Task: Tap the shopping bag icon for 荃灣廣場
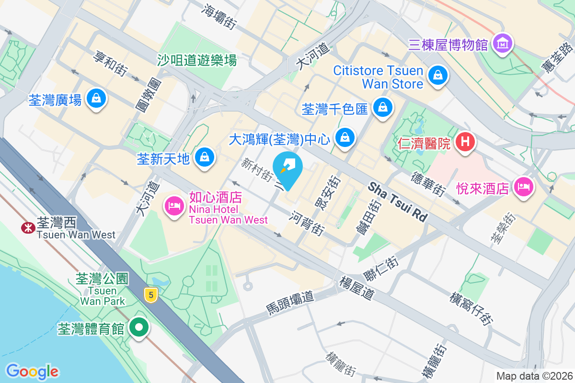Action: (x=96, y=99)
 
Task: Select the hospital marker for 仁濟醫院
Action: (x=464, y=142)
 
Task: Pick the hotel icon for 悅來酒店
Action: (x=524, y=186)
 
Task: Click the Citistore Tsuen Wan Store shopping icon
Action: (x=437, y=75)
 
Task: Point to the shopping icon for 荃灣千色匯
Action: (x=383, y=108)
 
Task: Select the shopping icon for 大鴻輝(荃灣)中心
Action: (x=344, y=138)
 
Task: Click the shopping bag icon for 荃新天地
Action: (x=205, y=157)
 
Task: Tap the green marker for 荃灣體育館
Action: (x=139, y=328)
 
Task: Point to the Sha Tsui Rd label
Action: (x=398, y=202)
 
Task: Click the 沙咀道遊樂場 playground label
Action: (x=197, y=60)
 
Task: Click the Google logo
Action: (x=32, y=371)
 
